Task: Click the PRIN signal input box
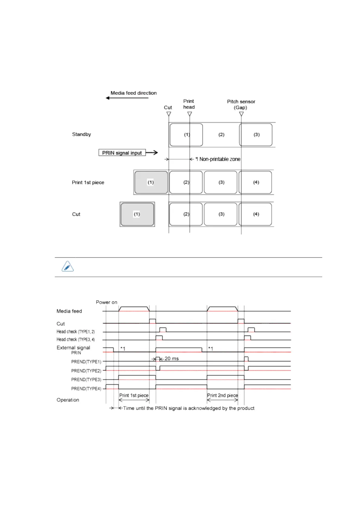(x=122, y=153)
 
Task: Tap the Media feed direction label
(x=133, y=93)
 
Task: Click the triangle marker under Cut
(x=169, y=114)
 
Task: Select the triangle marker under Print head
(x=190, y=114)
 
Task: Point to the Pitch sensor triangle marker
(x=241, y=114)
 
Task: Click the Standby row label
(x=81, y=134)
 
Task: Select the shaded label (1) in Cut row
(x=137, y=214)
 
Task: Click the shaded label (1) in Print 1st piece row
(x=151, y=182)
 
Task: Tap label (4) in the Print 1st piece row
(x=256, y=182)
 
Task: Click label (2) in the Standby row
(x=221, y=135)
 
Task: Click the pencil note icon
(x=68, y=267)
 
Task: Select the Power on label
(x=106, y=302)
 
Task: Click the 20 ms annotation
(x=171, y=358)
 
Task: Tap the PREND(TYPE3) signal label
(x=86, y=380)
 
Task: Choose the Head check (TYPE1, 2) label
(x=76, y=332)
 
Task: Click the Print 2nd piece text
(x=222, y=395)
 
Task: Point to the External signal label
(x=73, y=348)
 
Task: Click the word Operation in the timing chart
(x=68, y=400)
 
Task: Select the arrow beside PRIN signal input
(x=152, y=153)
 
